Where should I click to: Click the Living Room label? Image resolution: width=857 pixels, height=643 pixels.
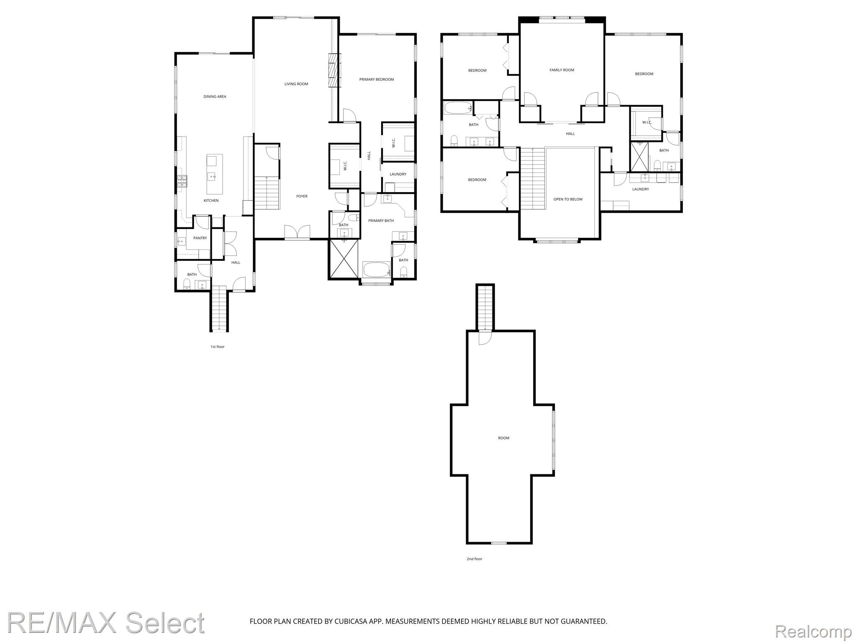click(x=296, y=84)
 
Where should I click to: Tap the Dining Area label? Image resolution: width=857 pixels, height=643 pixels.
click(x=215, y=97)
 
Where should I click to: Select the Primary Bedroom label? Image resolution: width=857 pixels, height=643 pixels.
click(x=377, y=80)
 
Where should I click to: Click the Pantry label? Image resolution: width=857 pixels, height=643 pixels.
click(x=200, y=238)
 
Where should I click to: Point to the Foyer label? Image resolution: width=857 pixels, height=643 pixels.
click(x=302, y=196)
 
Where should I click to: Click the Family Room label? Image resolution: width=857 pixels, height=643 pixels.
click(x=562, y=70)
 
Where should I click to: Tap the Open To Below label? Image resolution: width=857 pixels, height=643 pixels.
click(x=568, y=199)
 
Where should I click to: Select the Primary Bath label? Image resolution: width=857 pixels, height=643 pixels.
click(x=381, y=221)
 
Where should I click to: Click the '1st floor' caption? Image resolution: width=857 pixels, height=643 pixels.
click(x=218, y=347)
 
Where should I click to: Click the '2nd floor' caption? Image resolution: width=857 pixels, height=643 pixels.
click(x=475, y=559)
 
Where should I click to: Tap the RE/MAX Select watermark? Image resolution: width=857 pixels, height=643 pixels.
click(x=106, y=623)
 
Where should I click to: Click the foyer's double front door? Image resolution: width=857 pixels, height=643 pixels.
click(x=297, y=232)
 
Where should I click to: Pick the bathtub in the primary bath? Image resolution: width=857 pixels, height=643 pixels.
click(x=377, y=269)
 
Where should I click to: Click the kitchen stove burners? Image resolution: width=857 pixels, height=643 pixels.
click(x=182, y=181)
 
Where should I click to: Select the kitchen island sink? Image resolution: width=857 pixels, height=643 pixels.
click(x=212, y=176)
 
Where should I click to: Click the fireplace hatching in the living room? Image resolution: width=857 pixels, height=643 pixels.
click(x=334, y=70)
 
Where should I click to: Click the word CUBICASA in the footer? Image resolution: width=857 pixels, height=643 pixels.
click(x=351, y=621)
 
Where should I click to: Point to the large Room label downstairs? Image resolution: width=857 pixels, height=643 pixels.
click(x=503, y=438)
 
